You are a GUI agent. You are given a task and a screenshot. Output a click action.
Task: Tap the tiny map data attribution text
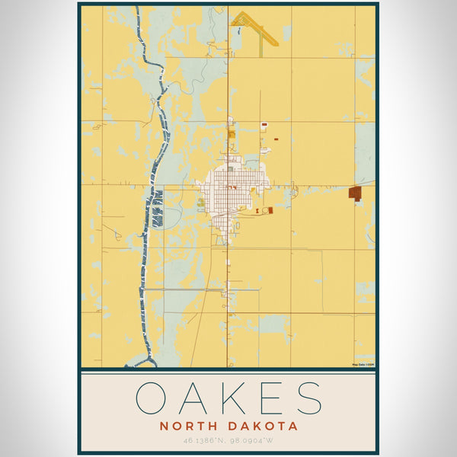363,364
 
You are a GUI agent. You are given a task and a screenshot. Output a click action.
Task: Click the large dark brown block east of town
354,193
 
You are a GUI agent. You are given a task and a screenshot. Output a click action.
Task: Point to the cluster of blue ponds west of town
158,207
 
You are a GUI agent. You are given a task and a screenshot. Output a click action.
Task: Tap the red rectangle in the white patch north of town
264,125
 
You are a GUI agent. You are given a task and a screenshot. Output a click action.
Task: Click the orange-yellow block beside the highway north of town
232,134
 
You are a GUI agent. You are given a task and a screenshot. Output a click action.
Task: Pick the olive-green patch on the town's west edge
200,202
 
